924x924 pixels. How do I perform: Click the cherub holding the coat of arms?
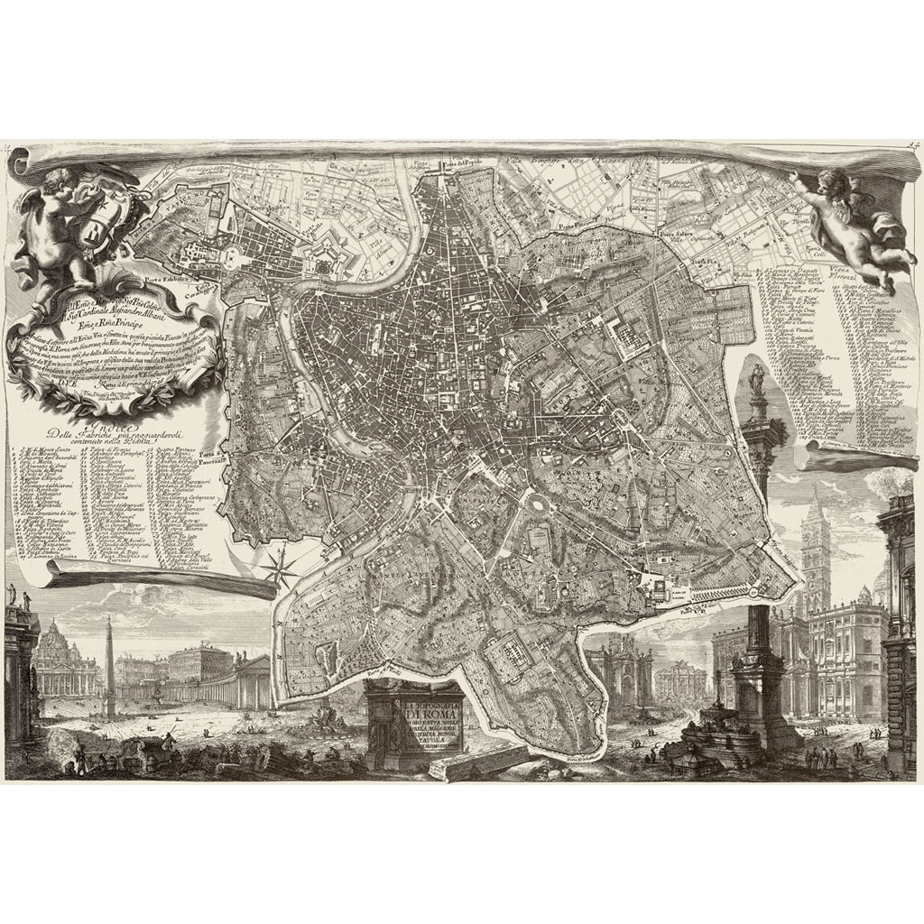coord(54,217)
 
